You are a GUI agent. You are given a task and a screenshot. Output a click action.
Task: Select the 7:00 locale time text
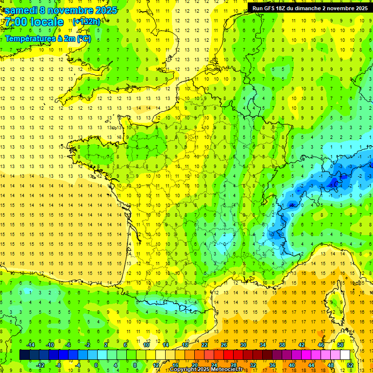coord(34,22)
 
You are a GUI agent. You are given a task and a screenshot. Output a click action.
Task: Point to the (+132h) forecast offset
coord(86,21)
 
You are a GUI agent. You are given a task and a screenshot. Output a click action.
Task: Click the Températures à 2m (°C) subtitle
coord(48,38)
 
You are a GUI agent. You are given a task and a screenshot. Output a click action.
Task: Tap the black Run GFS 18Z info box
coord(310,8)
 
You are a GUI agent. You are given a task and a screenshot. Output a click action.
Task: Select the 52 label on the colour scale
coord(350,365)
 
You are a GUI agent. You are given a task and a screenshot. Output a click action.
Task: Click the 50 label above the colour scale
coord(340,345)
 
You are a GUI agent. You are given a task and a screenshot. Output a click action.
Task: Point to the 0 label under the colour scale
coord(96,365)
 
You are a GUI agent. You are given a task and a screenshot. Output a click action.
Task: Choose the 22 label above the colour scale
coord(204,345)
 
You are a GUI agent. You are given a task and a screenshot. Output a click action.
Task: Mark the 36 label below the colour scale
coord(272,365)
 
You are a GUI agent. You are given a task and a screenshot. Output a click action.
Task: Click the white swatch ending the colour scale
coord(345,355)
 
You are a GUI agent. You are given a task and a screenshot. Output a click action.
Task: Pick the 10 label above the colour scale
coord(146,345)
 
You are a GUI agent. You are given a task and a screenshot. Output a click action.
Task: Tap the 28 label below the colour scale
coord(234,365)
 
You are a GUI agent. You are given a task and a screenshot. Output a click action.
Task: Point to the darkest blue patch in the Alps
coord(333,183)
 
